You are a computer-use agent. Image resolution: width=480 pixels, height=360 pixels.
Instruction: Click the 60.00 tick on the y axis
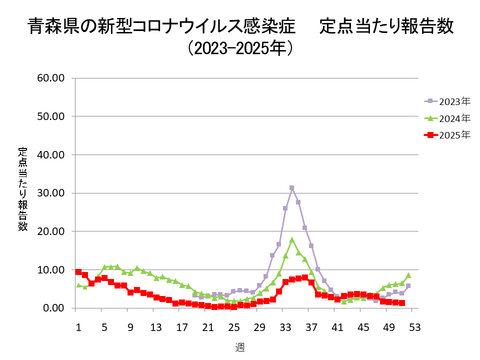coord(50,77)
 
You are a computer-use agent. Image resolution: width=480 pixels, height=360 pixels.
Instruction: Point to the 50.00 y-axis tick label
coord(50,116)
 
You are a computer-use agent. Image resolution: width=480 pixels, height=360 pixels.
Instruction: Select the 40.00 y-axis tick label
coord(50,154)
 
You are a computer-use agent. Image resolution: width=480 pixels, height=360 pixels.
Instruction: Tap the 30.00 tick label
coord(50,193)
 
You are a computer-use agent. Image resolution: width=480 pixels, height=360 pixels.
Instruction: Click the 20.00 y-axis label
coord(50,231)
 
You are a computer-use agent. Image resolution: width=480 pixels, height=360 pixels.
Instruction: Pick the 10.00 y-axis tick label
coord(50,270)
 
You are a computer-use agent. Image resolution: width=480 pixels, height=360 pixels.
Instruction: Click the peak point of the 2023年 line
coord(292,187)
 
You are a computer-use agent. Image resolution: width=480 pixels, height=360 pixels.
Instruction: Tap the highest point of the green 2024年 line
coord(292,240)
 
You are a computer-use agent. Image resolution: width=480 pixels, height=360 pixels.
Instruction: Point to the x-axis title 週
coord(239,347)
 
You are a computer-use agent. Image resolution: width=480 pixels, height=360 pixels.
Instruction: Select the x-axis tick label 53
coord(414,326)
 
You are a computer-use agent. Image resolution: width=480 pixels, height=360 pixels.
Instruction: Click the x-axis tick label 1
coord(78,326)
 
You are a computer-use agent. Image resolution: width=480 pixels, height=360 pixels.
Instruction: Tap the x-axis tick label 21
coord(207,326)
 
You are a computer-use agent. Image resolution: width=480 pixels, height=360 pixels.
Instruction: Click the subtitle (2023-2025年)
coord(240,46)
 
